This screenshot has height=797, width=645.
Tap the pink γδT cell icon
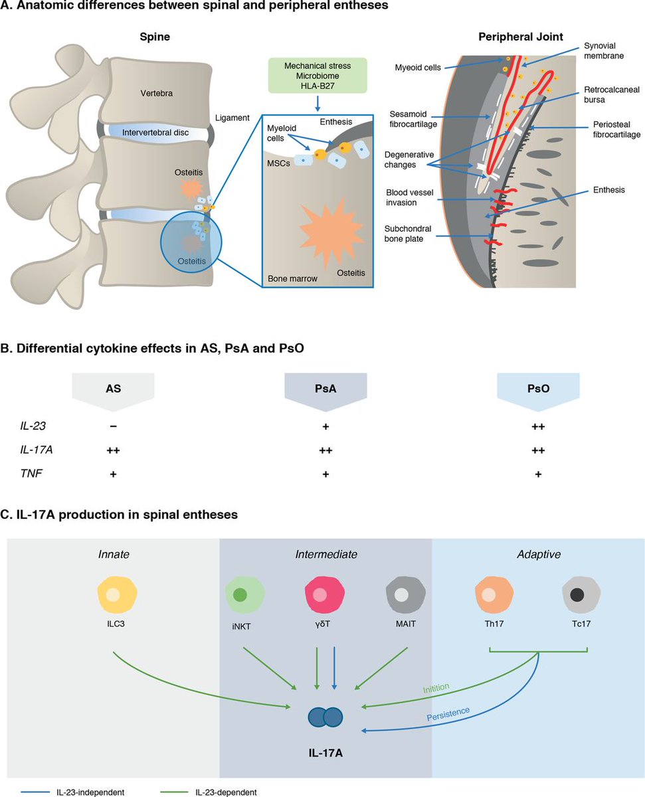click(x=324, y=594)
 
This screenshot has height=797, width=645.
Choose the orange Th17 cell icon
click(x=494, y=594)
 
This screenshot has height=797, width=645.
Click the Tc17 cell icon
click(x=581, y=594)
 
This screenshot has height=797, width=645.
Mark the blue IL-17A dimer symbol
click(x=325, y=717)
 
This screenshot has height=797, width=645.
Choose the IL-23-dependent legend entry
click(x=227, y=792)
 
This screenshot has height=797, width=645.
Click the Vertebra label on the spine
click(x=152, y=94)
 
